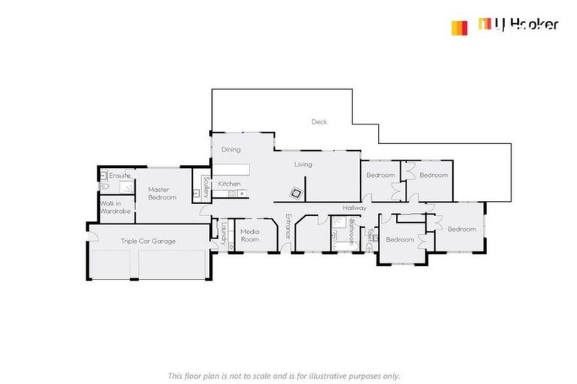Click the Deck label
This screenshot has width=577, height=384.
(319, 121)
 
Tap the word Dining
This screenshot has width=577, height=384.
(231, 149)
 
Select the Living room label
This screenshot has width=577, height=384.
(303, 164)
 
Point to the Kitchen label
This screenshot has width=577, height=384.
(229, 184)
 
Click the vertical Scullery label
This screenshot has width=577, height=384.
(206, 184)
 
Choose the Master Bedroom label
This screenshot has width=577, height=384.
(162, 193)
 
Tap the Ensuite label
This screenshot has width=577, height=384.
(120, 175)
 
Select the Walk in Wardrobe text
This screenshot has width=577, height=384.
(116, 207)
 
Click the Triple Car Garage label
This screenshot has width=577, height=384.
(148, 241)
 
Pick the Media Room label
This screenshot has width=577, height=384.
(249, 235)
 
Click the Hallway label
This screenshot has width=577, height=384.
(355, 208)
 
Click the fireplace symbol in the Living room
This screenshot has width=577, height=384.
(298, 193)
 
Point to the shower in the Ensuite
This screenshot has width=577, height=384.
(126, 186)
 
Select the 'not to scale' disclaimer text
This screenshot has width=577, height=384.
(283, 375)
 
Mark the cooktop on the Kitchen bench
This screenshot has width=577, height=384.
(233, 194)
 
